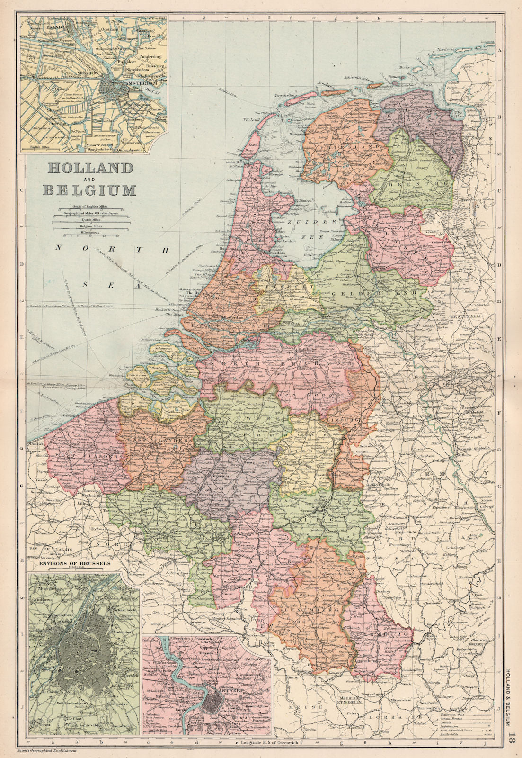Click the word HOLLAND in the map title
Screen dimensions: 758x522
pos(88,168)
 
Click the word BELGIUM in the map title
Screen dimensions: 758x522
pos(89,190)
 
